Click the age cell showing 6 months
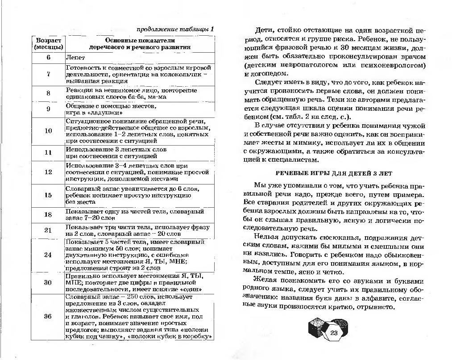(x=48, y=58)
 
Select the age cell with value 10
(x=48, y=131)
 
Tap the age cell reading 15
(x=48, y=195)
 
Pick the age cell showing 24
(x=48, y=255)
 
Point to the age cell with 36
(x=48, y=316)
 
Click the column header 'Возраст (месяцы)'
(x=48, y=43)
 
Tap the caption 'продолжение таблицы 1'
(x=175, y=29)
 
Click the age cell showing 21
(x=48, y=230)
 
